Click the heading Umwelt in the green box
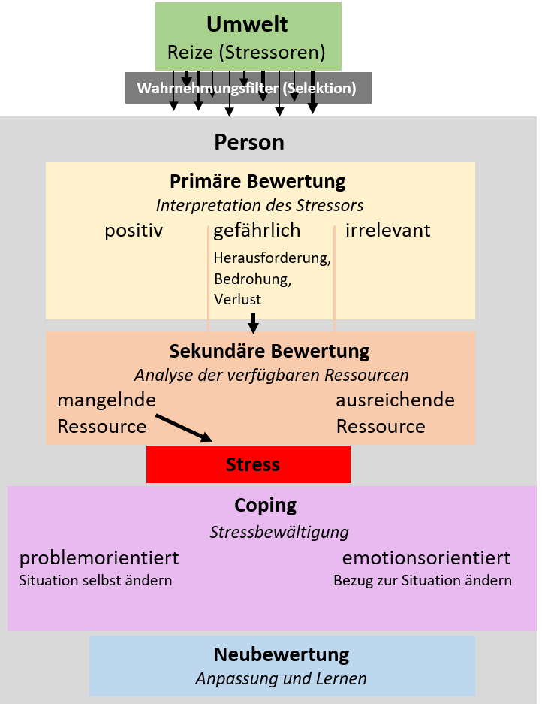(x=247, y=24)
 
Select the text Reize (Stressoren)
(x=246, y=52)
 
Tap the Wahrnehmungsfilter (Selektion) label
(x=247, y=88)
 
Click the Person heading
(x=249, y=142)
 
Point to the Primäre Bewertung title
(x=257, y=181)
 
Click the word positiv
(x=134, y=231)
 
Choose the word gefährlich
(x=257, y=231)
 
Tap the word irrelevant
(x=387, y=230)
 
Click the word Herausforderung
(x=272, y=258)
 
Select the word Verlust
(x=237, y=299)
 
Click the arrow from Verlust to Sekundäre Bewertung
(x=254, y=323)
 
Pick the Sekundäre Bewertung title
(x=269, y=351)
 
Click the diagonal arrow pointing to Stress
(x=184, y=428)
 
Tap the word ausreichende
(x=396, y=400)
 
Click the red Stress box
(x=248, y=464)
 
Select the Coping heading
(x=265, y=506)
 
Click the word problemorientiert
(x=99, y=558)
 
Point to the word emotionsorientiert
(x=426, y=558)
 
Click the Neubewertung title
(x=282, y=654)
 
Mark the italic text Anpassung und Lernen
(x=281, y=679)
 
